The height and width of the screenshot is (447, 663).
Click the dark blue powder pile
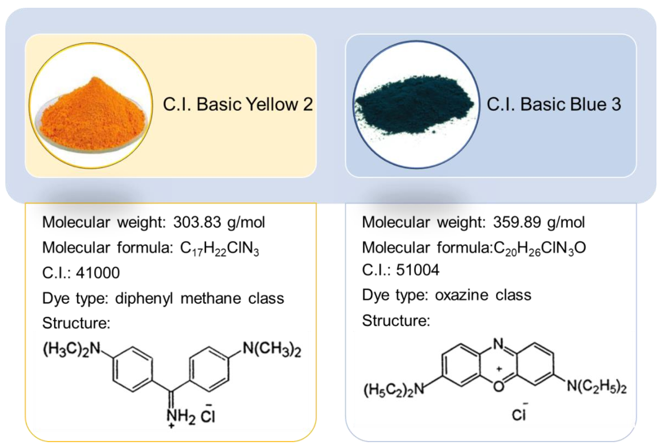click(414, 103)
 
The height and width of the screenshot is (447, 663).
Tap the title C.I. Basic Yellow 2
click(238, 104)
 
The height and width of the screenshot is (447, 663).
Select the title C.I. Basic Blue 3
click(554, 104)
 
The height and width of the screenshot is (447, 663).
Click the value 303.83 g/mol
click(219, 222)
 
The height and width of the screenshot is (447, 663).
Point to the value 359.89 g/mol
click(539, 222)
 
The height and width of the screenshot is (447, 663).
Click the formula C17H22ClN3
click(219, 248)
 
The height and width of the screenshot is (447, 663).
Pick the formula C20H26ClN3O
click(540, 248)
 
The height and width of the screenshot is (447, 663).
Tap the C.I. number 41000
click(98, 273)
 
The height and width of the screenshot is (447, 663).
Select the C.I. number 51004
click(418, 270)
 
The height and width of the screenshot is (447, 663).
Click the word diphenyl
click(144, 299)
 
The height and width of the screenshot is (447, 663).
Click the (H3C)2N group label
click(72, 349)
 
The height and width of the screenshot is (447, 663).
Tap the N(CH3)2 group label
click(272, 349)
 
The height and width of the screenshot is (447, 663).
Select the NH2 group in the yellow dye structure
click(181, 417)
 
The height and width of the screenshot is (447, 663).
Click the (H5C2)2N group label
click(394, 390)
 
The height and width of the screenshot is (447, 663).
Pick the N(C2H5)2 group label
click(597, 386)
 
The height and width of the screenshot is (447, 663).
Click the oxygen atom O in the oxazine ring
click(498, 386)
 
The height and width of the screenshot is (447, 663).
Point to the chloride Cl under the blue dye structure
click(518, 415)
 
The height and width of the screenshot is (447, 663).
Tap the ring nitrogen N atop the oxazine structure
click(498, 344)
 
